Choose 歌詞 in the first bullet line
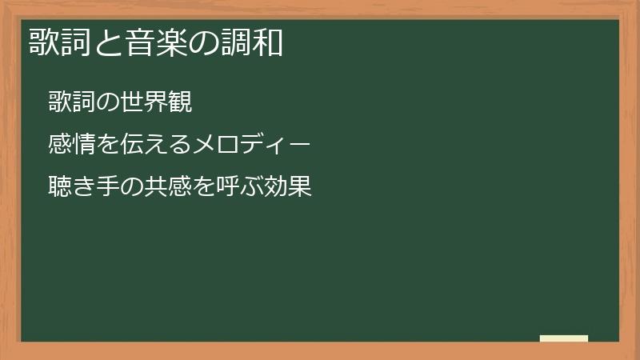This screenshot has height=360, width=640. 72,102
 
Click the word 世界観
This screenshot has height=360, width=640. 157,102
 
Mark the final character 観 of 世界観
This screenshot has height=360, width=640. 181,102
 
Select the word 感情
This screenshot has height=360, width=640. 72,145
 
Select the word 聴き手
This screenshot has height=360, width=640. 85,187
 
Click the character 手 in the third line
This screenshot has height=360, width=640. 109,187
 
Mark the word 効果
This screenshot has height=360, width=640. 287,187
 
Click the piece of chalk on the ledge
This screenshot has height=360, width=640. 564,338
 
